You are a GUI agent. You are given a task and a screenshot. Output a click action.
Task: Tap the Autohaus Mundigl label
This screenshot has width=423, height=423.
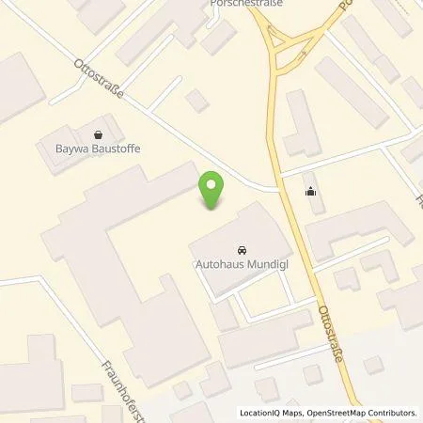(241, 265)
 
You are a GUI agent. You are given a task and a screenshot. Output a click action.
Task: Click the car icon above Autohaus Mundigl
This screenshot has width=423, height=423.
(241, 251)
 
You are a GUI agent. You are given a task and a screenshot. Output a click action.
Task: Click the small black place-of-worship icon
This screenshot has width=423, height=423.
(311, 193)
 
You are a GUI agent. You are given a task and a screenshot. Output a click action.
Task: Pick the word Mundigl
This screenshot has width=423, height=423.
(265, 265)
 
